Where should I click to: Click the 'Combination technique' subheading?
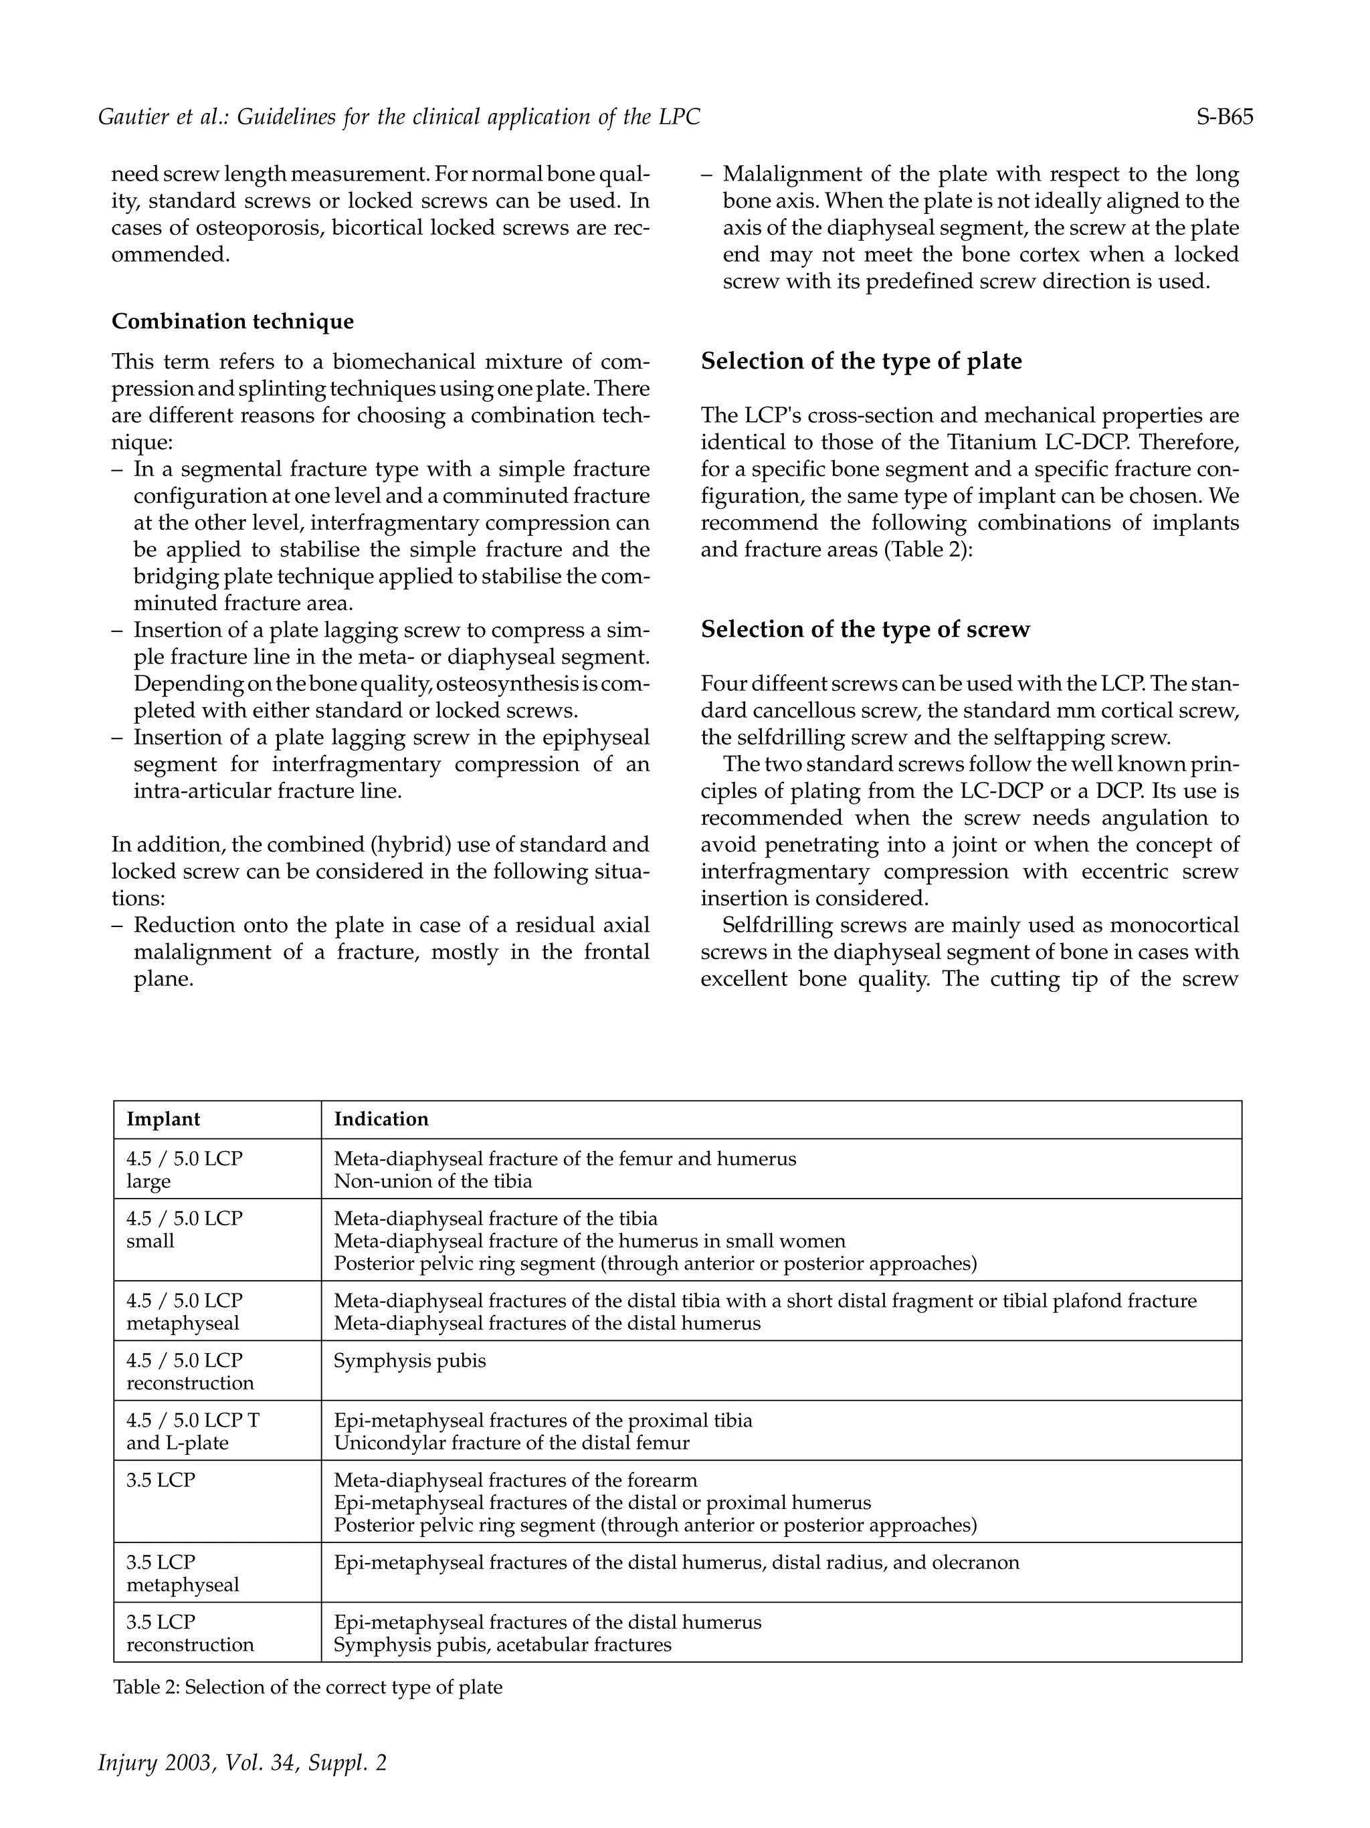[x=232, y=322]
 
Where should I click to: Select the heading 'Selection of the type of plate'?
[x=861, y=361]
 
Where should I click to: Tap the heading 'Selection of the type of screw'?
[x=865, y=629]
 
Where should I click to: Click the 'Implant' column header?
[x=163, y=1119]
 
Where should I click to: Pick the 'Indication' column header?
[x=381, y=1119]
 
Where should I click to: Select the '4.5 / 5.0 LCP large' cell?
[x=184, y=1169]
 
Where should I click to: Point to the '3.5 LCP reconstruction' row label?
[x=189, y=1633]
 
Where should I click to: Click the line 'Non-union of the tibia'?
[x=432, y=1181]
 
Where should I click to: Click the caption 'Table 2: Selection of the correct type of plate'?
[x=308, y=1687]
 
